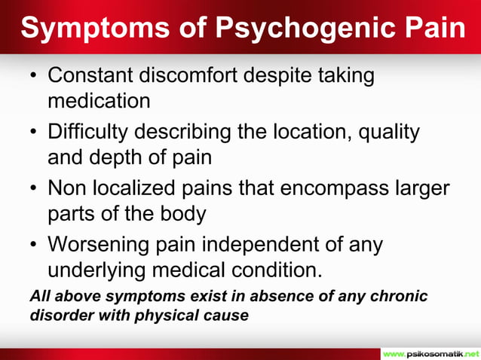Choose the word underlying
point(97,269)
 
